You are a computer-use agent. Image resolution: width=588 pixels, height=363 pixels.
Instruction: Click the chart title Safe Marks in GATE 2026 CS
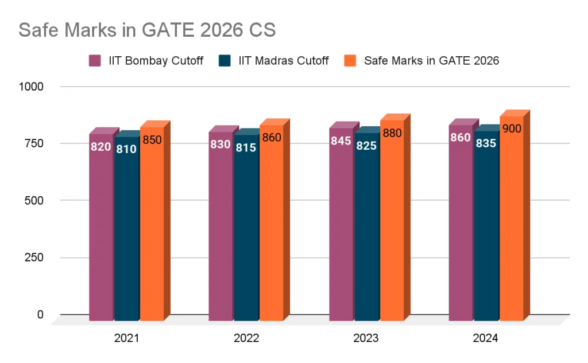147,30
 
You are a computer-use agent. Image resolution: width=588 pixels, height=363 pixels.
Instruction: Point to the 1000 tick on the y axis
32,87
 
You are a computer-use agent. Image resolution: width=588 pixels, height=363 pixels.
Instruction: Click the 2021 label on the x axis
126,339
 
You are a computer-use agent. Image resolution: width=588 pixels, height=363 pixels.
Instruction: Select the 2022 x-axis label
246,339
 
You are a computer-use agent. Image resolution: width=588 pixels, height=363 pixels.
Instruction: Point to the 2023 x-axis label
366,339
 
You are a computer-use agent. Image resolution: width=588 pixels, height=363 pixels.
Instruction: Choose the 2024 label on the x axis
485,339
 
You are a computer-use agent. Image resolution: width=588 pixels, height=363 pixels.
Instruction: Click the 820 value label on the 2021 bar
100,147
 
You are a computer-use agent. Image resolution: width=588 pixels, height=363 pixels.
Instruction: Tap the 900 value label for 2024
511,129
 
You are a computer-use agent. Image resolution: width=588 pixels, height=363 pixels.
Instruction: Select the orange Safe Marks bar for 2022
271,229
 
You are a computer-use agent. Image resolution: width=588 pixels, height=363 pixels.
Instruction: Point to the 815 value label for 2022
246,147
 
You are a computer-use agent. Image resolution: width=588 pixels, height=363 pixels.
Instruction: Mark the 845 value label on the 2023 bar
341,141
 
